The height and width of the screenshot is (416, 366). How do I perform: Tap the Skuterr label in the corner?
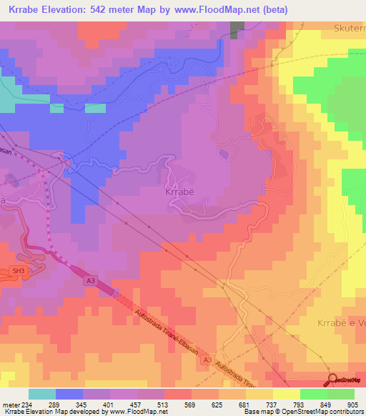(x=349, y=28)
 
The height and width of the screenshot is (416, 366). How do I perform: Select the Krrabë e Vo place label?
(x=340, y=323)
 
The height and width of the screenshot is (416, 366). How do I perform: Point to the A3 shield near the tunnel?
(x=91, y=282)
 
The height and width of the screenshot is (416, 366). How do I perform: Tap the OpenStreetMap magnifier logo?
(x=333, y=379)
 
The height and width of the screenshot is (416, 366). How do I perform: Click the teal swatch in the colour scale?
(x=42, y=394)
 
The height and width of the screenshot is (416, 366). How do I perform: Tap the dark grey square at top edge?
(x=237, y=29)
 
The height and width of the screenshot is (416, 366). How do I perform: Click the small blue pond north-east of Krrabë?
(x=224, y=154)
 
